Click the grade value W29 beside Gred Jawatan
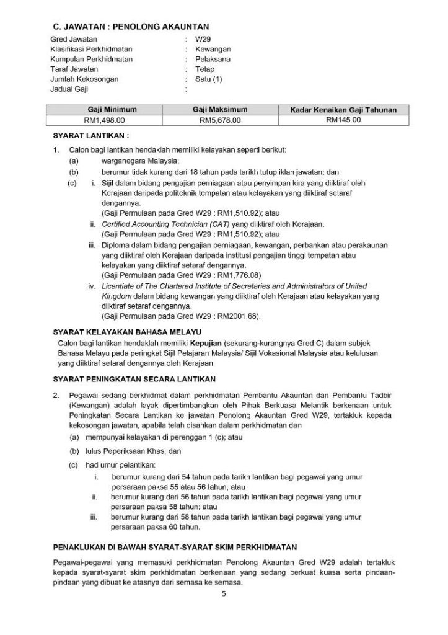tap(203, 39)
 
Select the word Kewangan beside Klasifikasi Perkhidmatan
tap(213, 49)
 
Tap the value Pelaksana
tap(213, 59)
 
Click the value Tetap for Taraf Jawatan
tap(204, 69)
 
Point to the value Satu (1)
tap(208, 79)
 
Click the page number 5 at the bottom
tap(224, 595)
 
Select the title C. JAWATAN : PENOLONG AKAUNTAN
tap(130, 26)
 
